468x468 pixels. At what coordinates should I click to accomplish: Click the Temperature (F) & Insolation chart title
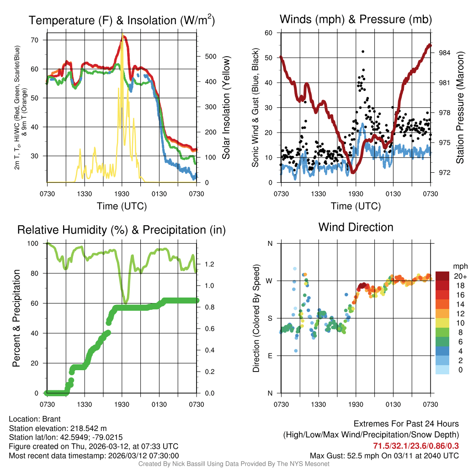pos(122,20)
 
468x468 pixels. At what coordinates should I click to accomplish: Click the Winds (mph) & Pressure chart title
pos(356,19)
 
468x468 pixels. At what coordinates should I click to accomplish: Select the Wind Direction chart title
pos(356,227)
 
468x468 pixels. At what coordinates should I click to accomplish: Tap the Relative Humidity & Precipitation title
pos(122,230)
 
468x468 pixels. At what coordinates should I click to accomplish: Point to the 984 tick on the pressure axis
pos(445,53)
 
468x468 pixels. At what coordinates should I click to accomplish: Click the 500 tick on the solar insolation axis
pos(210,57)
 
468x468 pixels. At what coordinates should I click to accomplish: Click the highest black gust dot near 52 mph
pos(363,52)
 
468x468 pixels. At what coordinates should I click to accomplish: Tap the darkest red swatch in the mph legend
pos(442,276)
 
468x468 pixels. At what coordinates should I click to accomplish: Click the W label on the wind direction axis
pos(270,281)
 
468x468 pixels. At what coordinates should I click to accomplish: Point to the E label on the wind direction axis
pos(270,356)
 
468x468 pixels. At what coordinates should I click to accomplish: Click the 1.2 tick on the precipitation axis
pos(210,264)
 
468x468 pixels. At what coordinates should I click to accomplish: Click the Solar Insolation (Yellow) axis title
pos(226,108)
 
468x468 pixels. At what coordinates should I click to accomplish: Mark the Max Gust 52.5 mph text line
pos(384,456)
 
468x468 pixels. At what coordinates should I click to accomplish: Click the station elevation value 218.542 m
pos(88,428)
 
